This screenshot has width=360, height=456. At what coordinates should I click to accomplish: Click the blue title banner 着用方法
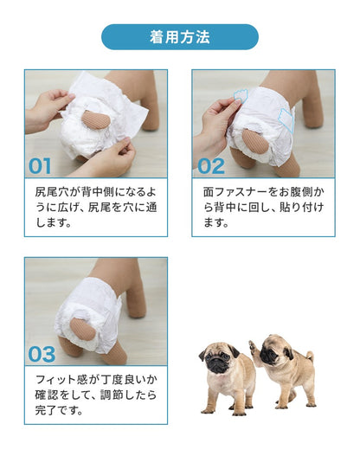pos(180,37)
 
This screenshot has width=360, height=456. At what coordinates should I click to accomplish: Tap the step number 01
pos(40,166)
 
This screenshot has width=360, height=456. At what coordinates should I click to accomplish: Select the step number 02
pos(211,166)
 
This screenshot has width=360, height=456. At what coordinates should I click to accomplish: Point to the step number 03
pos(42,354)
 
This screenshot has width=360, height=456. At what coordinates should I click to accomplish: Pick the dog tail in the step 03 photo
pos(82,329)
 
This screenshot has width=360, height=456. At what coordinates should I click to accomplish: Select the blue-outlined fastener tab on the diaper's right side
pos(286,119)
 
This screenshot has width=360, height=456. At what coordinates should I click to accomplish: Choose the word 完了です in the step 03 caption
pos(60,410)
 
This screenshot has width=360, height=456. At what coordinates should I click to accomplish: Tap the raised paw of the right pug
pos(254,346)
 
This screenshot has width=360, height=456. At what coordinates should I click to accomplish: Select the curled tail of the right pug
pos(310,356)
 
